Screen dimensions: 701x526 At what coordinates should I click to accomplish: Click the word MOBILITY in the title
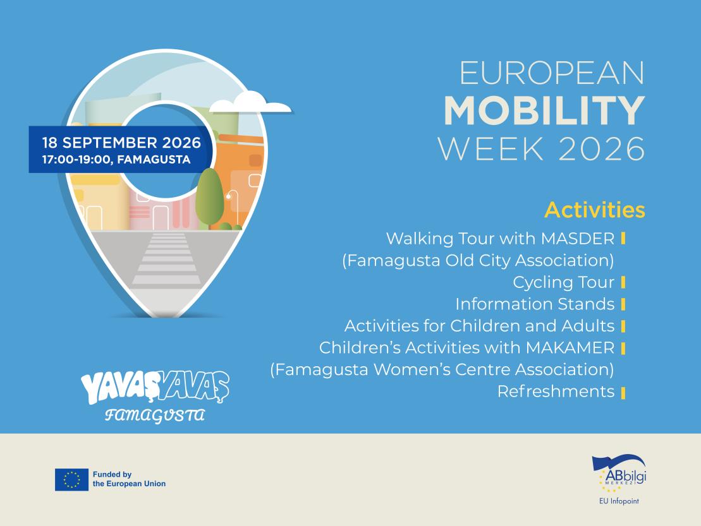pyautogui.click(x=544, y=111)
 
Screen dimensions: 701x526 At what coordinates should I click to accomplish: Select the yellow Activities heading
pyautogui.click(x=595, y=210)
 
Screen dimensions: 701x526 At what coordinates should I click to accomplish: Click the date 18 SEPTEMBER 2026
pyautogui.click(x=121, y=143)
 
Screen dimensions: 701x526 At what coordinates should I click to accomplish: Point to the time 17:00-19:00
pyautogui.click(x=76, y=159)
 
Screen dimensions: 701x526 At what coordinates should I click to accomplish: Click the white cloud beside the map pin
pyautogui.click(x=250, y=102)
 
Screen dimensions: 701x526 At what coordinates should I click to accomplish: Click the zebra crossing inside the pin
pyautogui.click(x=166, y=259)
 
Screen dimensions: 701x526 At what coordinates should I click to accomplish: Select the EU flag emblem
pyautogui.click(x=71, y=479)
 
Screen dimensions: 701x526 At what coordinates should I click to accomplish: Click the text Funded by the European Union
pyautogui.click(x=129, y=479)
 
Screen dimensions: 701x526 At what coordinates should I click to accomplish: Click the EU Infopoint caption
pyautogui.click(x=619, y=501)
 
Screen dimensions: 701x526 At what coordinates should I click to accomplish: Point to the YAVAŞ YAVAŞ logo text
pyautogui.click(x=155, y=388)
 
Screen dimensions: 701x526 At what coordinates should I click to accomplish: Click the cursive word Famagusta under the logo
pyautogui.click(x=155, y=415)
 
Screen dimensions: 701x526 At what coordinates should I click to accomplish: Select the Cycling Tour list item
pyautogui.click(x=563, y=282)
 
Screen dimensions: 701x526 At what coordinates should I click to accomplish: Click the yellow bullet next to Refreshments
pyautogui.click(x=623, y=393)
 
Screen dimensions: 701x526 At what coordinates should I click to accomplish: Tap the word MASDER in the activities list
pyautogui.click(x=578, y=239)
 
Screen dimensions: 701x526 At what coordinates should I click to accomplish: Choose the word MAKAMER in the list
pyautogui.click(x=570, y=347)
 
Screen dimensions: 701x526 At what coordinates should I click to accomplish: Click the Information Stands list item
pyautogui.click(x=535, y=304)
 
